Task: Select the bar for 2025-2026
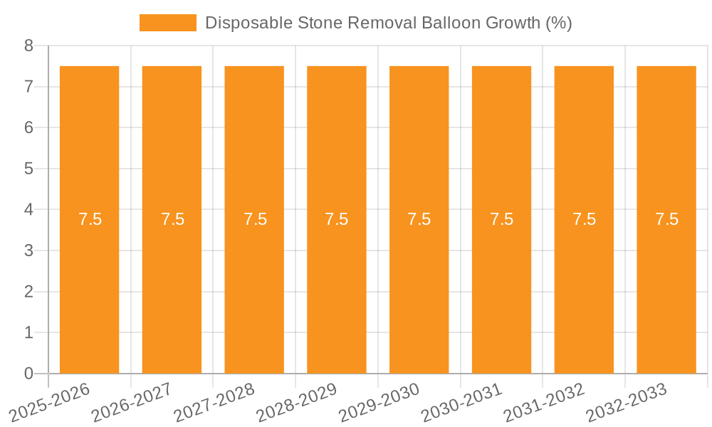(x=89, y=285)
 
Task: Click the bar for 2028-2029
(x=337, y=285)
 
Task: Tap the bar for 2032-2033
(x=666, y=285)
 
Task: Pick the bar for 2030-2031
(x=501, y=285)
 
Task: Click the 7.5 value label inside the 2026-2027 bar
(x=172, y=219)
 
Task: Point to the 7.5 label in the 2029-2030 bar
(x=419, y=219)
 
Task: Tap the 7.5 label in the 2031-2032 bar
(x=584, y=219)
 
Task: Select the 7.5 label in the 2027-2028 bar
(x=255, y=219)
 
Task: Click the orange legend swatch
(x=167, y=23)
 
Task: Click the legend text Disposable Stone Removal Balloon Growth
(x=388, y=23)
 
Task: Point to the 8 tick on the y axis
(x=28, y=46)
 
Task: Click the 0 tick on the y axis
(x=28, y=374)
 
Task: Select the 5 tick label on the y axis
(x=28, y=169)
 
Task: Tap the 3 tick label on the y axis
(x=28, y=251)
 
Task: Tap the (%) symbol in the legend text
(x=558, y=23)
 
